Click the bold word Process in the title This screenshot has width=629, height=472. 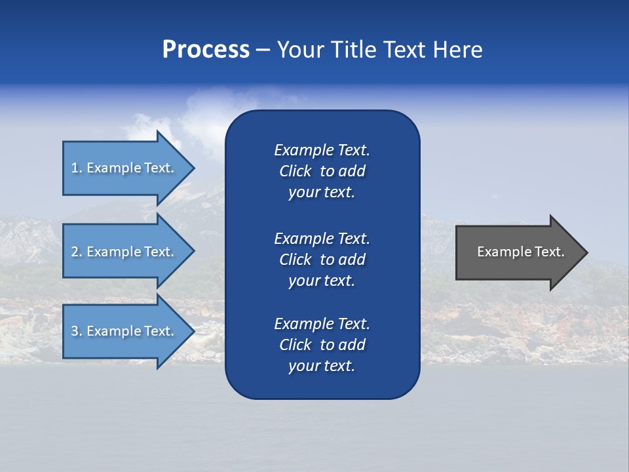206,50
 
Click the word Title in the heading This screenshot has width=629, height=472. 353,50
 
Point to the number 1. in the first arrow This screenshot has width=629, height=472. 76,168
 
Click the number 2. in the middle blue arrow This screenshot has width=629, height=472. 76,252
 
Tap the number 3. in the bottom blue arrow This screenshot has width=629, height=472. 76,331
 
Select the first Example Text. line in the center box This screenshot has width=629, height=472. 322,150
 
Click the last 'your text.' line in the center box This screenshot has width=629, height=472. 322,366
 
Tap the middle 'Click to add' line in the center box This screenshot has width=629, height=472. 322,260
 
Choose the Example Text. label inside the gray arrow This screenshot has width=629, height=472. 520,252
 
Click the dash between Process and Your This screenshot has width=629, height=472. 263,50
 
